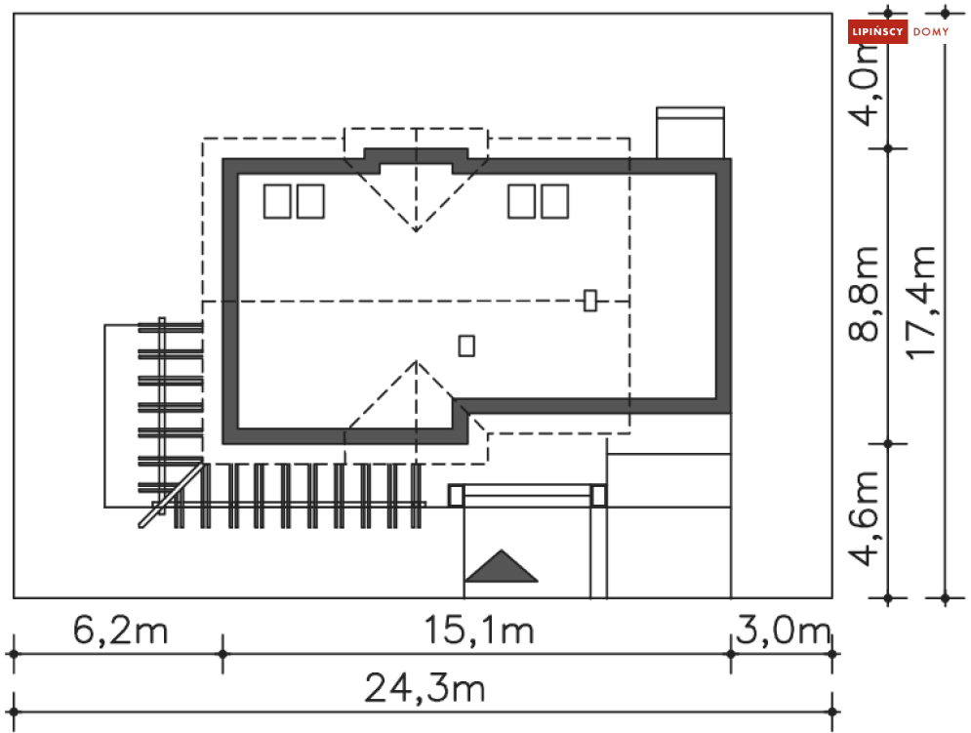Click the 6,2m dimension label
pos(121,631)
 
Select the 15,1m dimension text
pos(479,631)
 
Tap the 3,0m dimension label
pos(782,631)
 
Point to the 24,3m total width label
pos(425,689)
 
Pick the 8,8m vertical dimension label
pos(865,293)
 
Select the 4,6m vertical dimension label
pos(865,518)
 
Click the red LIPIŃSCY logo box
pos(878,32)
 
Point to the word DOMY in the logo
pos(931,32)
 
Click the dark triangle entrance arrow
pos(501,567)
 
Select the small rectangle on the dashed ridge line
pos(589,301)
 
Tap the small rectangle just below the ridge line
pos(466,345)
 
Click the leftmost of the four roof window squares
pos(277,202)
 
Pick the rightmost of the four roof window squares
pos(554,202)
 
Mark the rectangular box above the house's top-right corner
pos(690,133)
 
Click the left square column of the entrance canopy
pos(456,496)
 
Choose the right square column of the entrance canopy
pos(598,496)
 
